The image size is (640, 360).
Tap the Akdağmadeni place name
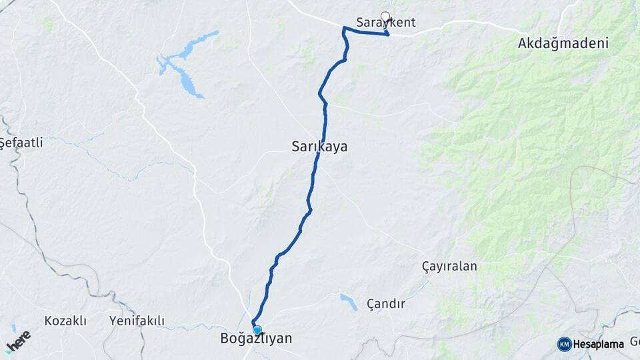click(x=563, y=44)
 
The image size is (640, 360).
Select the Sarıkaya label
click(x=319, y=146)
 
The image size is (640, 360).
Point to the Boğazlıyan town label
click(x=256, y=339)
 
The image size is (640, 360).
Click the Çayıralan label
click(x=449, y=266)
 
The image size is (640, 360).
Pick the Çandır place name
click(x=386, y=304)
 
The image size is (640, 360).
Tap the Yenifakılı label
click(x=137, y=321)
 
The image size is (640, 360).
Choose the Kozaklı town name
click(x=65, y=321)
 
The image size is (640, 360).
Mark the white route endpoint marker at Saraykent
click(x=385, y=16)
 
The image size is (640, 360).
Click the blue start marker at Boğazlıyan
click(x=257, y=329)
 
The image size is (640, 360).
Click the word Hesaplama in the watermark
click(x=598, y=344)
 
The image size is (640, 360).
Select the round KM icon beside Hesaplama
click(x=565, y=344)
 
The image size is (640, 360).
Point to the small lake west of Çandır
click(x=347, y=302)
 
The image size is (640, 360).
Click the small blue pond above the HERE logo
click(x=13, y=327)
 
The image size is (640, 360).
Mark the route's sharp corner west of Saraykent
click(x=344, y=28)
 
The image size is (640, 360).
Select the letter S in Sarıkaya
click(x=296, y=146)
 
